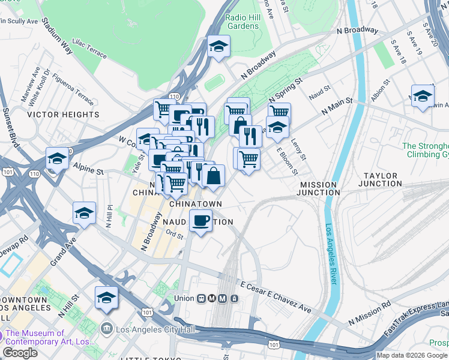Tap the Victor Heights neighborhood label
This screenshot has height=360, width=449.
click(64, 114)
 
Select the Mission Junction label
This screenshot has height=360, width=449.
click(319, 188)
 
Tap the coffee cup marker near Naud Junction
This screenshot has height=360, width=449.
click(200, 221)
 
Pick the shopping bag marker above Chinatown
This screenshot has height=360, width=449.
click(213, 176)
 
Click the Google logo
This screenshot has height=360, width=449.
click(20, 353)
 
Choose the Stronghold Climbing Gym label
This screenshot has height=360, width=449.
click(425, 150)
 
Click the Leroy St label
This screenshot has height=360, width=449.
click(298, 147)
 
